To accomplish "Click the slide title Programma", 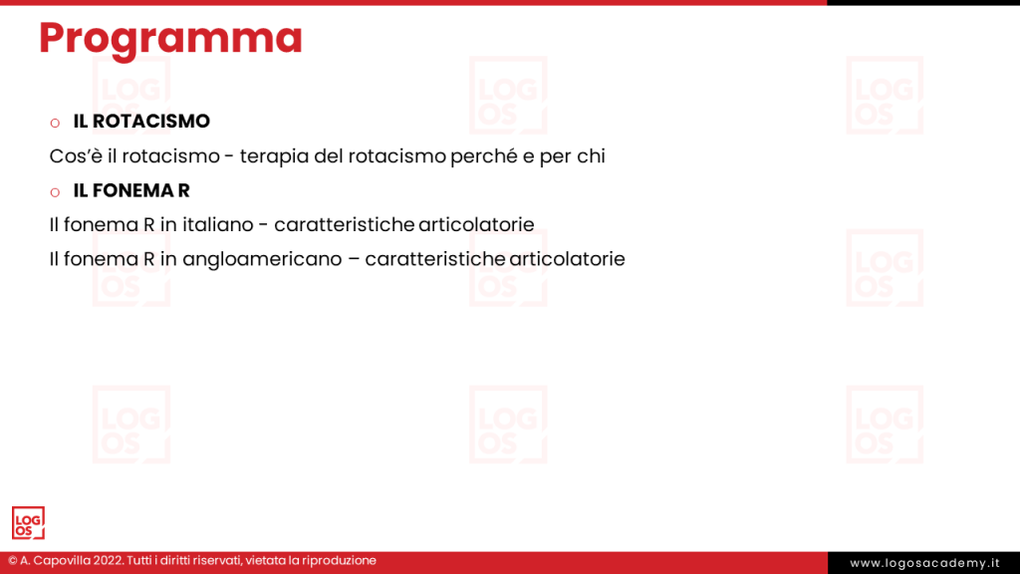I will pos(170,38).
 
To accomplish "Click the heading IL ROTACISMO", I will pos(141,122).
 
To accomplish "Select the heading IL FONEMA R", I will pos(131,190).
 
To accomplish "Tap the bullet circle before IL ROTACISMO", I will pos(55,123).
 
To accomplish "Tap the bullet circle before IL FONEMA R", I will pos(55,191).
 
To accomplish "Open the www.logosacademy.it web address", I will pos(923,563).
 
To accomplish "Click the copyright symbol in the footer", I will pos(13,561).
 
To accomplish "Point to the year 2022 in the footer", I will pos(108,561).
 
